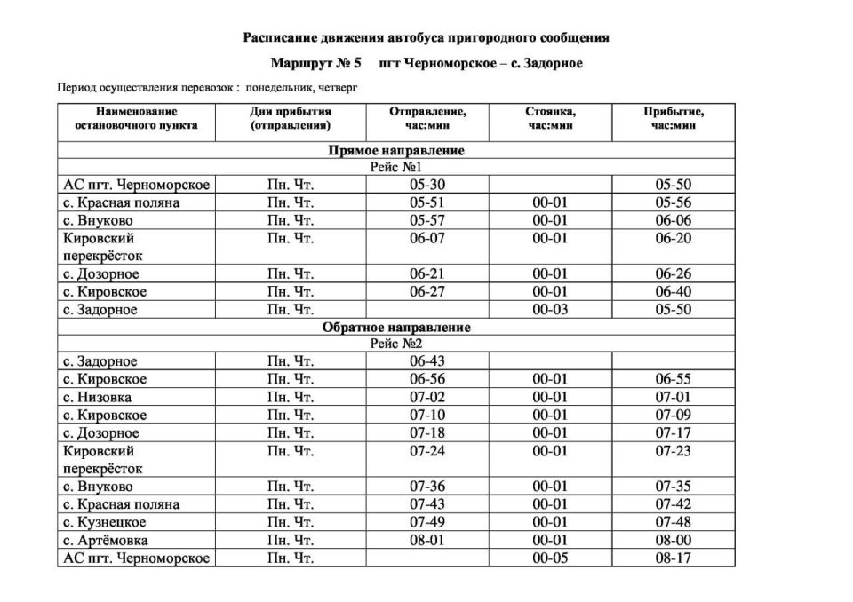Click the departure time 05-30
click(426, 185)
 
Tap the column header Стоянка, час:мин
click(550, 119)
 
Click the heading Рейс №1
click(396, 168)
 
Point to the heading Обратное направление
click(396, 328)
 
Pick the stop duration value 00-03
click(550, 310)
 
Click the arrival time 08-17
click(674, 558)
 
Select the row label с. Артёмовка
click(106, 541)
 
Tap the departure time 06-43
click(426, 361)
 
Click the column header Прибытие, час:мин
click(674, 119)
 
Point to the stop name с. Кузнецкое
click(105, 523)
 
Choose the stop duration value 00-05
click(550, 558)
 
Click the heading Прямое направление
click(396, 151)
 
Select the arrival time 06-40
click(674, 292)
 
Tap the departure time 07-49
click(426, 523)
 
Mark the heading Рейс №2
click(396, 345)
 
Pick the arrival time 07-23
click(674, 451)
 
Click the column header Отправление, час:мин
click(426, 119)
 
